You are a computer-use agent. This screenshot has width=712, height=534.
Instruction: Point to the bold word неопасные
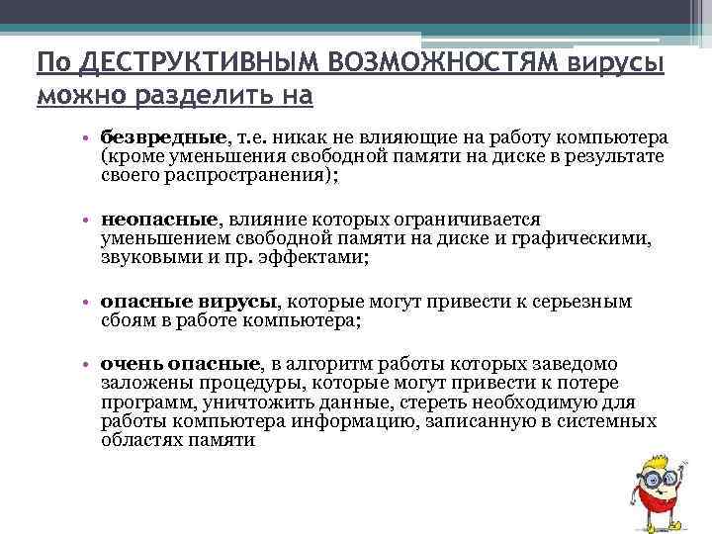click(157, 219)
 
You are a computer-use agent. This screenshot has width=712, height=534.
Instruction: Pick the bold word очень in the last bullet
click(128, 365)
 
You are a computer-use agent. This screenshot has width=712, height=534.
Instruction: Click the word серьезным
click(582, 302)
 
